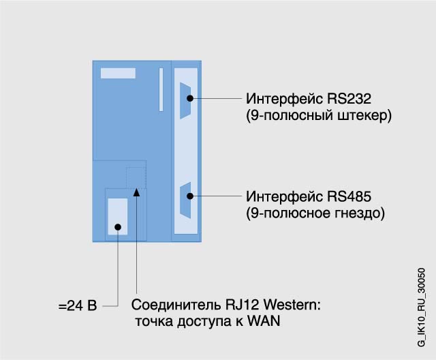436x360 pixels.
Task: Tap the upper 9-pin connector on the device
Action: (x=186, y=100)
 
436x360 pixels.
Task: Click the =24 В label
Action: (x=78, y=305)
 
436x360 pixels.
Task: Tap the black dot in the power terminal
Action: (x=118, y=227)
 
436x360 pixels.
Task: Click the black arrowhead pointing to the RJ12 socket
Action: (x=137, y=193)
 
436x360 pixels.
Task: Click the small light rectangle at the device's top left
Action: (x=118, y=73)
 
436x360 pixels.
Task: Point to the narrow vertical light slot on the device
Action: (x=161, y=89)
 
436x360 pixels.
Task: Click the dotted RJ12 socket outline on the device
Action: (x=136, y=176)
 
